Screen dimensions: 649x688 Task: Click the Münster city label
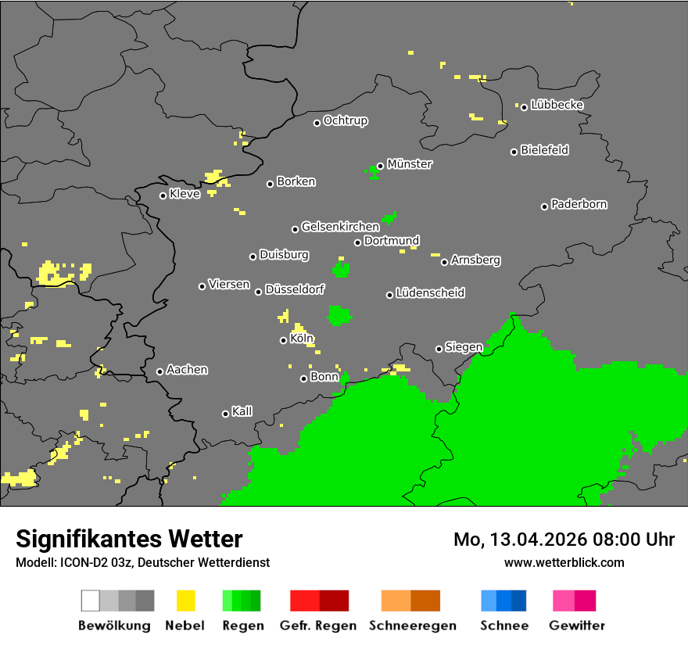[410, 164]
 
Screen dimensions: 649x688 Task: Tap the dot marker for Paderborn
[545, 206]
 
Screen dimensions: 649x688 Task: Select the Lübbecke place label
[557, 105]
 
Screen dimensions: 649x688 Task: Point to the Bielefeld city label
[544, 150]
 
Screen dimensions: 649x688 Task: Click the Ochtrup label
[345, 121]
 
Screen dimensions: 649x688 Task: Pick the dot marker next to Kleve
[163, 195]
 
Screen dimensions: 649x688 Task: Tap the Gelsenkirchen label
[340, 227]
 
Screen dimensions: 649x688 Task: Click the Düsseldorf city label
[294, 289]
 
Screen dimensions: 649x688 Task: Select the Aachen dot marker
[159, 371]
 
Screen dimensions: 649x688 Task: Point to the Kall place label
[242, 411]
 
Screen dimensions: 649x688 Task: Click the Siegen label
[464, 347]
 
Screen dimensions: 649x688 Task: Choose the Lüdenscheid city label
[430, 293]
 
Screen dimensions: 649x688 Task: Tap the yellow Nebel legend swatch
[186, 601]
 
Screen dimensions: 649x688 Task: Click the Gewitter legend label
[577, 626]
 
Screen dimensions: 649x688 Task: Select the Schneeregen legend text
[413, 626]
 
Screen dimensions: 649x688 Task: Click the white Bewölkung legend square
[91, 601]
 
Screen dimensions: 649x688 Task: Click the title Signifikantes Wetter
[129, 539]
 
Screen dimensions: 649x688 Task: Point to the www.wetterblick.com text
[564, 562]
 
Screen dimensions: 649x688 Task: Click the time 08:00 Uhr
[634, 540]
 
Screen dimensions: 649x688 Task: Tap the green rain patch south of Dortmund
[341, 271]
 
